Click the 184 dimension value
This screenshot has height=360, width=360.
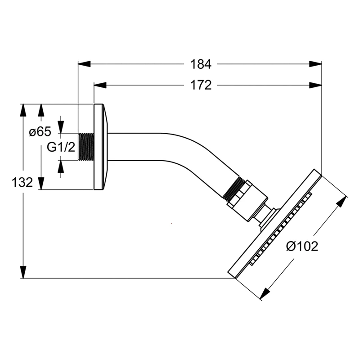(x=201, y=64)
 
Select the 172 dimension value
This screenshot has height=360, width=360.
(x=201, y=85)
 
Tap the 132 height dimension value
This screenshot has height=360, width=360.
(x=22, y=183)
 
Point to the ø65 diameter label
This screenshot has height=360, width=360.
(x=40, y=132)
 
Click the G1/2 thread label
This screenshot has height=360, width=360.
(x=61, y=147)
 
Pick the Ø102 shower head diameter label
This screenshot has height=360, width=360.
(x=302, y=246)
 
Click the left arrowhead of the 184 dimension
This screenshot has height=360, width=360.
(x=84, y=64)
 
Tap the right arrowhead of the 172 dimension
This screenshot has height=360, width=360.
(x=315, y=85)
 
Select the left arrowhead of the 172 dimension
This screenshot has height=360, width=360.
(x=100, y=85)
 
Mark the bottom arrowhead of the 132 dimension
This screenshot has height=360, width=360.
(x=23, y=272)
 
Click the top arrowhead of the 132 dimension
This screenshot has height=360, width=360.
(x=23, y=110)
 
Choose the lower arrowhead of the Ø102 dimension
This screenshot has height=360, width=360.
(x=265, y=293)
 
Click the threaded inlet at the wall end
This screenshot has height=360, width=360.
(x=86, y=147)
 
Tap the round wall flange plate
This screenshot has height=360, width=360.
(x=101, y=147)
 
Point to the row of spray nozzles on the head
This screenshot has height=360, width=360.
(x=281, y=229)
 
